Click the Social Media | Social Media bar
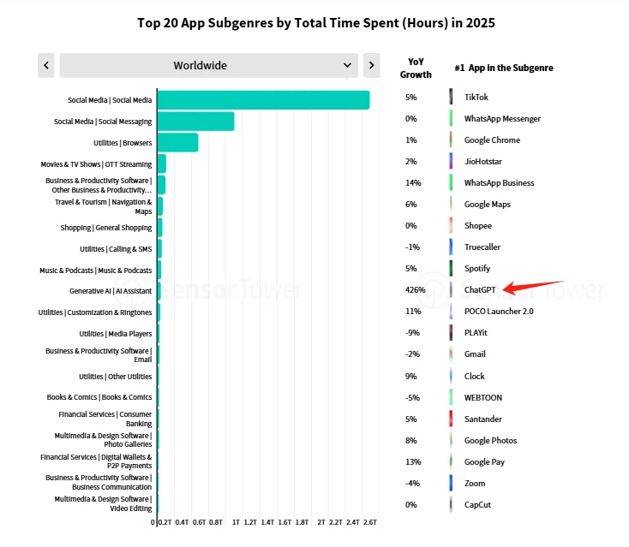262,100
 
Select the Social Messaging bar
195,122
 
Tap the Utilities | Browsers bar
177,142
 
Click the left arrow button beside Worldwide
46,65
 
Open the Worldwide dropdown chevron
348,65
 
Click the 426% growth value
416,290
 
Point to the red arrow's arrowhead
505,289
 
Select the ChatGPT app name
481,290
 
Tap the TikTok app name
476,98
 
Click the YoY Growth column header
416,68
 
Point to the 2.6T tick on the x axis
370,521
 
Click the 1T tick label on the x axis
236,521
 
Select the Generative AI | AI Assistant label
111,291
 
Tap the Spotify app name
477,269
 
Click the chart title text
315,22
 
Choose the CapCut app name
477,505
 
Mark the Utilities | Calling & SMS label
116,249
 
